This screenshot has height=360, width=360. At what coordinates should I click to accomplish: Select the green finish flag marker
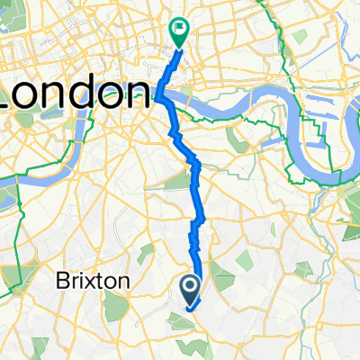click(x=179, y=32)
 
